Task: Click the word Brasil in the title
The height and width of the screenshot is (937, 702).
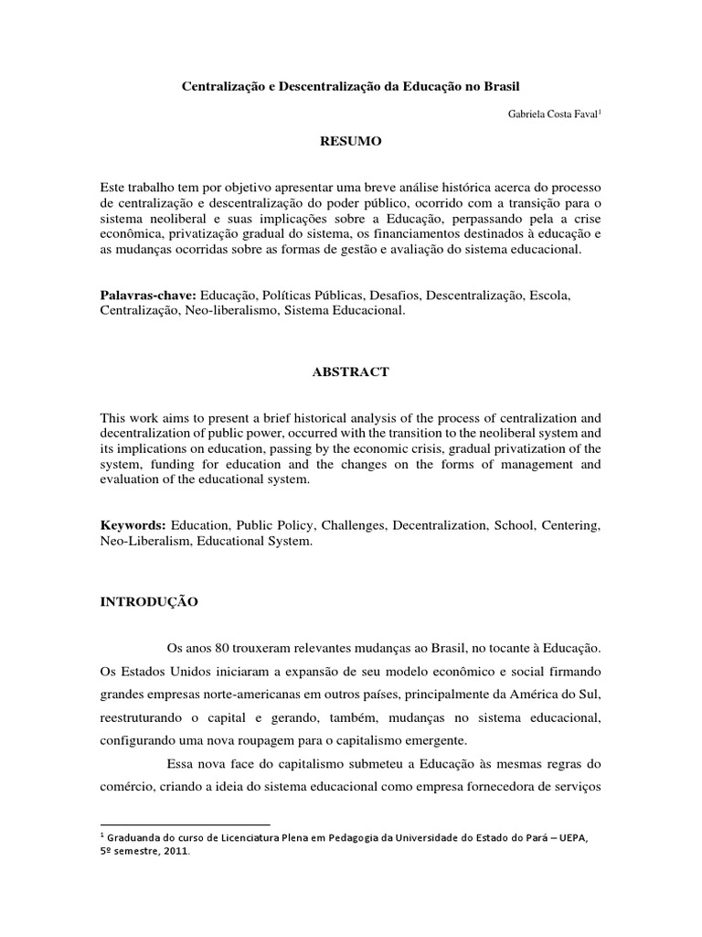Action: tap(497, 84)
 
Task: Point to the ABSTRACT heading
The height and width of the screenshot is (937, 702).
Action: tap(350, 372)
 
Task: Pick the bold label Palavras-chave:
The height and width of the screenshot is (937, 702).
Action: tap(147, 296)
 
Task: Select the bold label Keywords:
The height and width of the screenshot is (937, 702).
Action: tap(133, 526)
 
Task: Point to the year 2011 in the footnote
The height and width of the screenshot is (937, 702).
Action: tap(175, 850)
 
